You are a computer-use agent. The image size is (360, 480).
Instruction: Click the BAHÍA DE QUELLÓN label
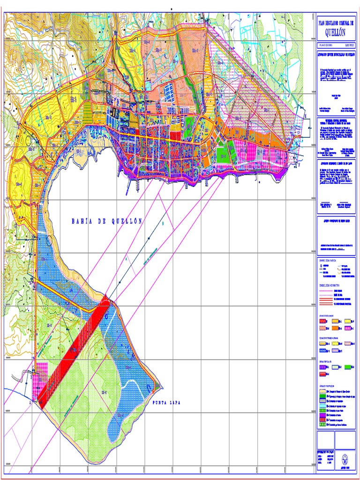coord(107,221)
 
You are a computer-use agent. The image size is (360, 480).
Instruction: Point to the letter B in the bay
coord(163,224)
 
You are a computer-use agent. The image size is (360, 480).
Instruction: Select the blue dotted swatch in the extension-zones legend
coord(323,350)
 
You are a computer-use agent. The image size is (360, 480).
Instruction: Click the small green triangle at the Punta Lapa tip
coord(158,387)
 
